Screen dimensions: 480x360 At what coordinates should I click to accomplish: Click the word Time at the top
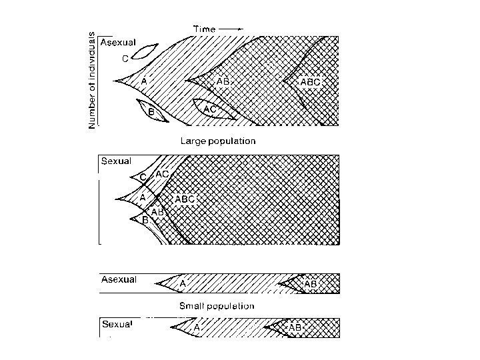203,29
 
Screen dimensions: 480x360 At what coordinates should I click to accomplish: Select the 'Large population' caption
217,141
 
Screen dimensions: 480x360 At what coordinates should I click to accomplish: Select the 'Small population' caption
217,306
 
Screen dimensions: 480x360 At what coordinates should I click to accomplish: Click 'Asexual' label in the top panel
118,42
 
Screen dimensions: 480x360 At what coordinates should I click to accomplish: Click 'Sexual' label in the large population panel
116,161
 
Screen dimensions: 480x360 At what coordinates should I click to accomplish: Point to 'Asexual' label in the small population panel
119,279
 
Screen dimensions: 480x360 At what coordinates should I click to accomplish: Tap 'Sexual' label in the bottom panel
117,325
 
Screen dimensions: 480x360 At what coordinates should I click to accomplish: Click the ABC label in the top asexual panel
310,82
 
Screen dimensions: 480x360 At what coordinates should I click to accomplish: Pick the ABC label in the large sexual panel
185,199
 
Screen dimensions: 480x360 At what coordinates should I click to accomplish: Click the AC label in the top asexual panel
210,109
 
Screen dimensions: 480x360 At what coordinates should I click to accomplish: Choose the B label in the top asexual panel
151,113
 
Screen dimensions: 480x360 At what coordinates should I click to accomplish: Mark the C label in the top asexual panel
125,59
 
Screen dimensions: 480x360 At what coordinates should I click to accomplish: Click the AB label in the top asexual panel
223,81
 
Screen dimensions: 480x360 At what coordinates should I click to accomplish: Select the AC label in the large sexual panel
162,174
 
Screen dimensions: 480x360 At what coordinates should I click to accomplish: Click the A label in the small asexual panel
183,283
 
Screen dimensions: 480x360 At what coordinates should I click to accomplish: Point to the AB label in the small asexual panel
310,283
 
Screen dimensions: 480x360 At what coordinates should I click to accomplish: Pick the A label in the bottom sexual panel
197,328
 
